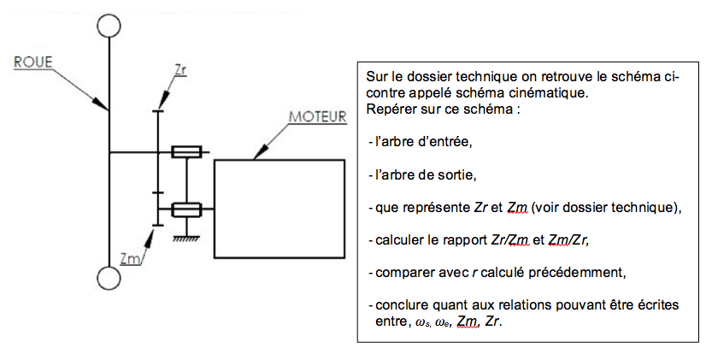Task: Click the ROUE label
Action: (x=33, y=62)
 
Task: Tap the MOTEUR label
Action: (x=318, y=116)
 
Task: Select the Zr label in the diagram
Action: (x=180, y=70)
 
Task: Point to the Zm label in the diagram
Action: (x=129, y=258)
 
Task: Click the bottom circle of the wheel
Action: (x=109, y=278)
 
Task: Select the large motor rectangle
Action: (x=280, y=209)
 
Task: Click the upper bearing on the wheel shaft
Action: (x=186, y=152)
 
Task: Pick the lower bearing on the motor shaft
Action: (x=186, y=210)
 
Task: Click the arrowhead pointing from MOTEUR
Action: (x=259, y=154)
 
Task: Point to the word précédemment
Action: (x=579, y=273)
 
